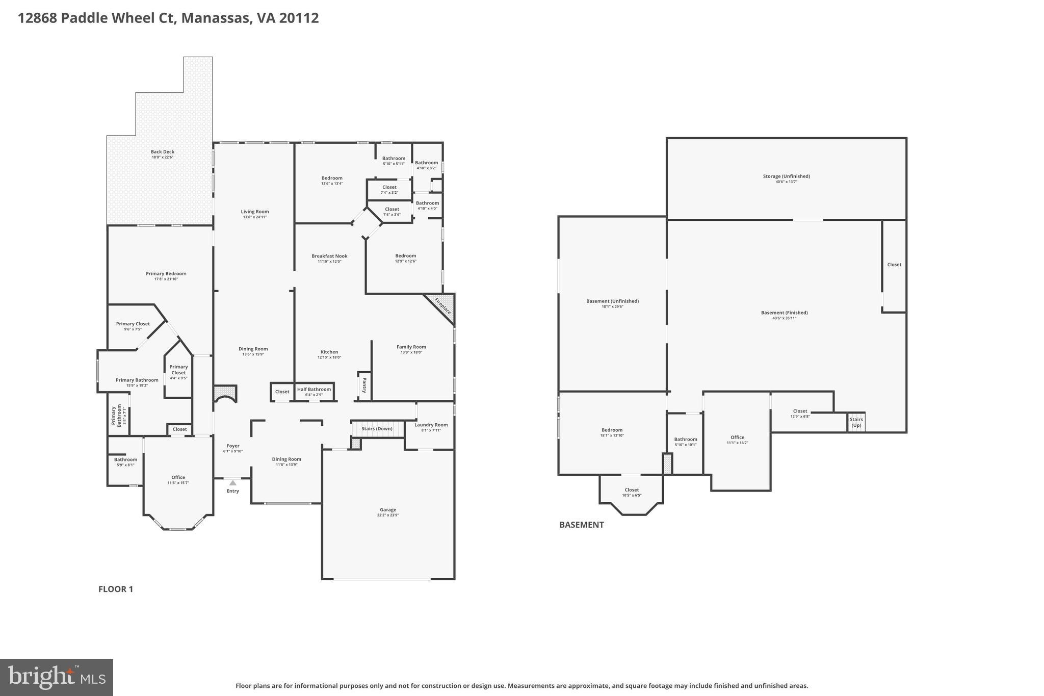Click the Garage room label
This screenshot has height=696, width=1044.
point(388,509)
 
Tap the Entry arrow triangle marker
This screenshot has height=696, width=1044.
point(232,482)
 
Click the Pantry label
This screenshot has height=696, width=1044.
point(364,385)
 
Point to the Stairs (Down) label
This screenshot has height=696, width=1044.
point(377,428)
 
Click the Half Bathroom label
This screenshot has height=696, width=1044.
point(314,389)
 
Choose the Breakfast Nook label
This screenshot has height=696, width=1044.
point(329,256)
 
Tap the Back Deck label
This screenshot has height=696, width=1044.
point(162,151)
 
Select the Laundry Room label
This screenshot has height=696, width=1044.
point(431,425)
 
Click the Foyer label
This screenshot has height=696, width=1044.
point(233,446)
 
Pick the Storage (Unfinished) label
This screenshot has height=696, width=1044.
point(786,176)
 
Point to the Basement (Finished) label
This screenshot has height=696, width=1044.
point(784,313)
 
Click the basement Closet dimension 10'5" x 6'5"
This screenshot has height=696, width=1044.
point(632,495)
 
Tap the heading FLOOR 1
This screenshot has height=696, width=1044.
point(116,589)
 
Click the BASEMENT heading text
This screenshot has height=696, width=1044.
point(581,525)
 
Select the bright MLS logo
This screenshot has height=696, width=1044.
point(57,677)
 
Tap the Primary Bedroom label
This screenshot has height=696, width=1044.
point(166,273)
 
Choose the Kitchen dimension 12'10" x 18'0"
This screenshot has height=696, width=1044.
point(329,357)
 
